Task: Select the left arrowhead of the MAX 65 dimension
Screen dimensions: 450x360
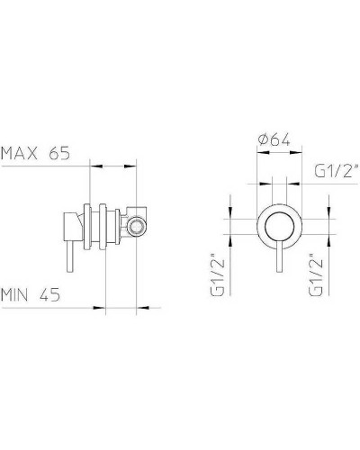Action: [94, 164]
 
